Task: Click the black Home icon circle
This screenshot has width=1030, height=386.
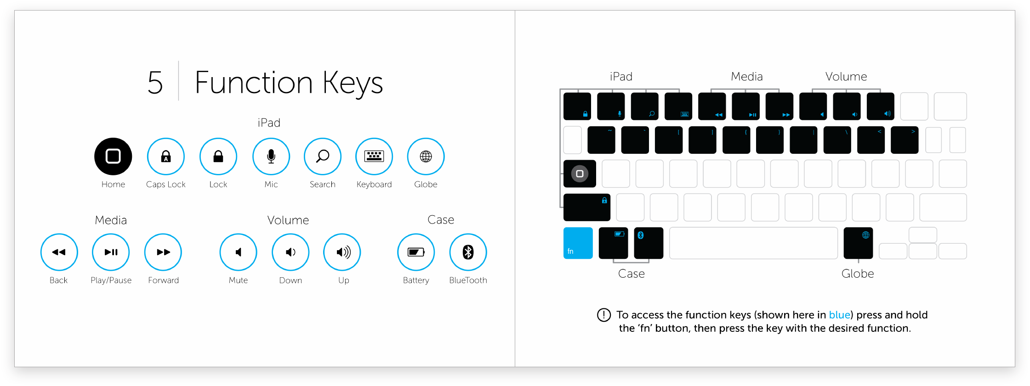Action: coord(113,157)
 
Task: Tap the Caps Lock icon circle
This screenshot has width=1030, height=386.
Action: coord(166,157)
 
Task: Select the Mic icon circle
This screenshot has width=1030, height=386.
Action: coord(271,157)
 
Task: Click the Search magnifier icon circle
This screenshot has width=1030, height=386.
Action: coord(323,157)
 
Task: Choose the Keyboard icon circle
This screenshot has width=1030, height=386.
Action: coord(374,157)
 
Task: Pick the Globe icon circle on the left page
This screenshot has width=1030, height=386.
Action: coord(426,157)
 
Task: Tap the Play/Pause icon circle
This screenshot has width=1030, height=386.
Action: coord(111,252)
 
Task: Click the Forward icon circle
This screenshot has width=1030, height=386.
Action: coord(163,252)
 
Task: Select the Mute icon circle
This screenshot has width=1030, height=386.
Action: coord(238,252)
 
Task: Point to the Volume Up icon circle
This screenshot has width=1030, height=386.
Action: coord(342,252)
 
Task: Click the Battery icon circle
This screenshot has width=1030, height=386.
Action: coord(416,252)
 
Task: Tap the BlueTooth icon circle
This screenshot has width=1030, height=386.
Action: coord(468,252)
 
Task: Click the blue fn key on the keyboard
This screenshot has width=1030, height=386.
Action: coord(578,243)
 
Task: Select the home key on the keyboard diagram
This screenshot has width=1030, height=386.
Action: coord(580,173)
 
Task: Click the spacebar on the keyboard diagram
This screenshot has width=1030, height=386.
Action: coord(753,243)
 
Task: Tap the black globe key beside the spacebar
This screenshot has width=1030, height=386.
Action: coord(858,243)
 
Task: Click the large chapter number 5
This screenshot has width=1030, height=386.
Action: coord(155,83)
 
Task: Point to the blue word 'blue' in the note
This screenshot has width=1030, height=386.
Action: coord(839,315)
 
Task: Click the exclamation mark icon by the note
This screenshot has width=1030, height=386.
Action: coord(603,315)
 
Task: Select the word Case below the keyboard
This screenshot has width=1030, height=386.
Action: coord(632,274)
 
